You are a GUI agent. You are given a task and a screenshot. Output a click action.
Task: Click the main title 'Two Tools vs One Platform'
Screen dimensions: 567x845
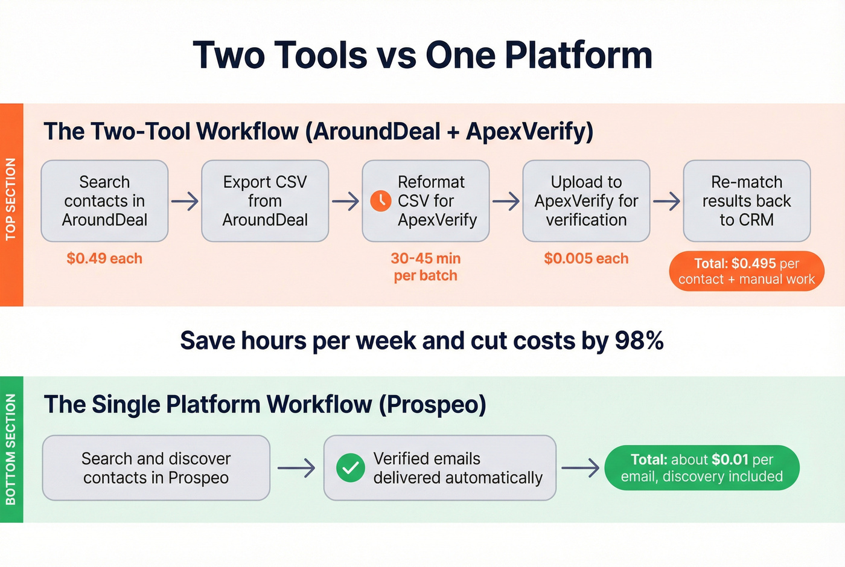(x=422, y=55)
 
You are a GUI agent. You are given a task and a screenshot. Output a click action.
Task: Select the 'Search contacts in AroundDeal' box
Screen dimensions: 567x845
(x=104, y=201)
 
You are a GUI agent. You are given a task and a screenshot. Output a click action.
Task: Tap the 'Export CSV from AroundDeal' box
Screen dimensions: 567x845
(x=265, y=201)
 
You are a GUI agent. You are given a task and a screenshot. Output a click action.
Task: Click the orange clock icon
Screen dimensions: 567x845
(x=380, y=201)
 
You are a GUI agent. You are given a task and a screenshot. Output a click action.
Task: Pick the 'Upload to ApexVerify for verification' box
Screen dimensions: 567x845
(x=586, y=201)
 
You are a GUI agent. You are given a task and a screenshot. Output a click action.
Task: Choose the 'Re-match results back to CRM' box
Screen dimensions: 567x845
(x=747, y=201)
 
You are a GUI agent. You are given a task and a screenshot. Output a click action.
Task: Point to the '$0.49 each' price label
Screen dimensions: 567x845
(x=104, y=258)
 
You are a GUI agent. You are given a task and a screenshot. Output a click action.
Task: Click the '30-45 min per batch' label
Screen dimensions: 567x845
(x=426, y=267)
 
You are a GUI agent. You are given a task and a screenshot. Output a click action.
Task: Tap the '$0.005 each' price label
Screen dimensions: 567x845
(x=586, y=258)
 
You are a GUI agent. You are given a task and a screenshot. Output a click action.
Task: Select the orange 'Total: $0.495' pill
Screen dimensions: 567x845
(x=747, y=271)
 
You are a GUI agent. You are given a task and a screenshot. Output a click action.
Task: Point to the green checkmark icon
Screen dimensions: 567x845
(x=351, y=468)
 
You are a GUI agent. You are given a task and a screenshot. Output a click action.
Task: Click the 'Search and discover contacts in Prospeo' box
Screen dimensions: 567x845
(x=156, y=468)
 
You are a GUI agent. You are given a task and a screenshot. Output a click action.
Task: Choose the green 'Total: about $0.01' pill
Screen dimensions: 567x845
(x=702, y=468)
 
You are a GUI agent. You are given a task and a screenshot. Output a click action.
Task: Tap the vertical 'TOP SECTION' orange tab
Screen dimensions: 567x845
(x=11, y=199)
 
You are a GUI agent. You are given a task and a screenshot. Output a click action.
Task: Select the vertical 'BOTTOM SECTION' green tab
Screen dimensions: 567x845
(x=11, y=449)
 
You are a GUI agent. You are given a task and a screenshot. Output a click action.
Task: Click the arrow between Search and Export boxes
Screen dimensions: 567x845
(x=185, y=201)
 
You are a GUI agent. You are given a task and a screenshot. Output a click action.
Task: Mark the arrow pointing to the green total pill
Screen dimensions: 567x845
(x=580, y=468)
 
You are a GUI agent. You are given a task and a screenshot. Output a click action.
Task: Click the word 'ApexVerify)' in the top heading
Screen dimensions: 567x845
(x=529, y=132)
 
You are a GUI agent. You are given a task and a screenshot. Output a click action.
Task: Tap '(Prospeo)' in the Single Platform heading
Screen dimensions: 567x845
(x=432, y=405)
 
